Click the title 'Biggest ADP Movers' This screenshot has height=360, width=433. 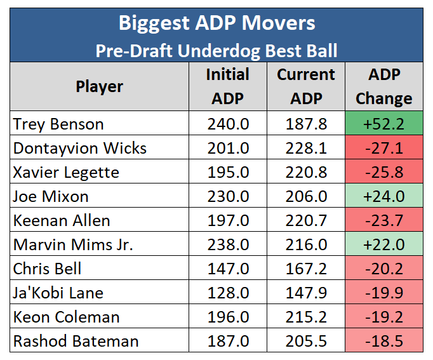coord(216,23)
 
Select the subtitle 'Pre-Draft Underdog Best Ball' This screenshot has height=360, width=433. coord(216,50)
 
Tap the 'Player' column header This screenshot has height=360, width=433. coord(99,86)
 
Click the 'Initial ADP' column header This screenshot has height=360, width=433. coord(227,86)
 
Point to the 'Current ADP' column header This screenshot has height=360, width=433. coord(305,86)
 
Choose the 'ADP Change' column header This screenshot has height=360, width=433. coord(383,86)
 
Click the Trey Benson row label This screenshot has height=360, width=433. coord(58,124)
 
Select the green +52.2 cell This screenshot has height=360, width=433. coord(383,124)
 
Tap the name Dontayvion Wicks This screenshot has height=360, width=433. coord(80,149)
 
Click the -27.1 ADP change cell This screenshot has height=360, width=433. coord(383,149)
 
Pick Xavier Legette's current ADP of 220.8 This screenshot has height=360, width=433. coord(305,173)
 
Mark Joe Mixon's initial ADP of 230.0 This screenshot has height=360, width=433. coord(227,197)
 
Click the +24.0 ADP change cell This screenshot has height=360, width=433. coord(383,197)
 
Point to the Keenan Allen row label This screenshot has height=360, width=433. coord(62,221)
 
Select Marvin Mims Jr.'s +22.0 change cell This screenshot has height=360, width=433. coord(383,245)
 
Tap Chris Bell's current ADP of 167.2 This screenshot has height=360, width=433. coord(305,269)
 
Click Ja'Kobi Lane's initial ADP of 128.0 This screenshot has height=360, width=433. coord(227,293)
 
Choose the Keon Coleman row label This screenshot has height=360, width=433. coord(66,317)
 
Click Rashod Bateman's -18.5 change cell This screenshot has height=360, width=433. coord(383,341)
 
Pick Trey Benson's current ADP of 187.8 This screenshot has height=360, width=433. coord(305,124)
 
